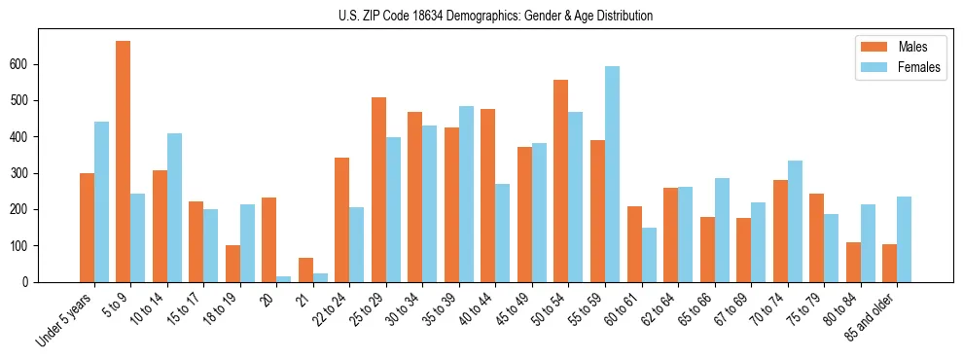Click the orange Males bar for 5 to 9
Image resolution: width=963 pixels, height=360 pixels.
[x=124, y=162]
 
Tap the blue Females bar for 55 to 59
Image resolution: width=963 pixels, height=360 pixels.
[x=612, y=174]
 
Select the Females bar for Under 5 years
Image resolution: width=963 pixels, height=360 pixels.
[x=101, y=202]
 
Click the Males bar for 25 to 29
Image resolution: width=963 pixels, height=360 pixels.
[x=378, y=190]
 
